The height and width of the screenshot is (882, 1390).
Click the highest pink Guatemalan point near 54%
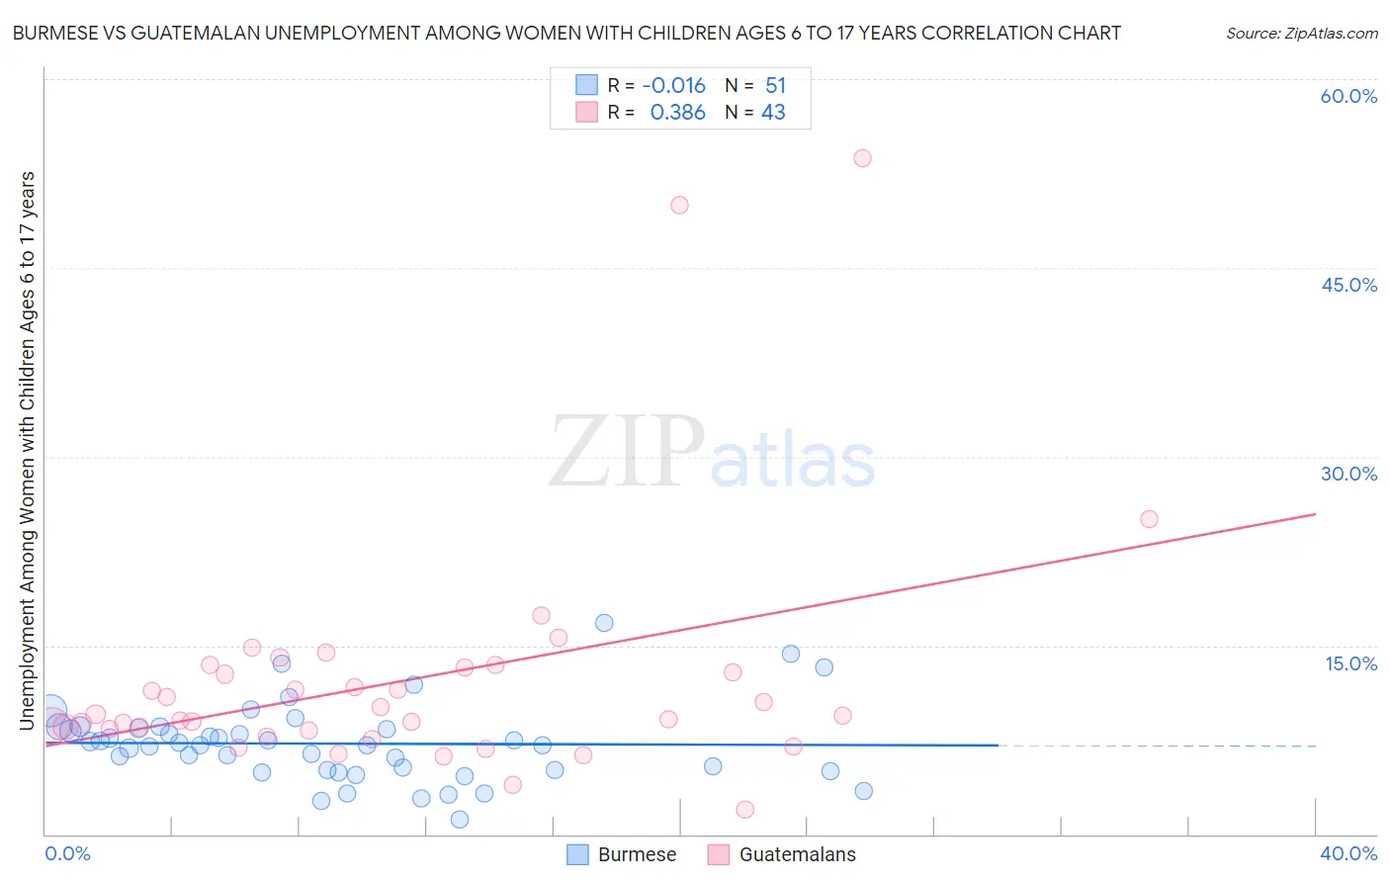(x=862, y=158)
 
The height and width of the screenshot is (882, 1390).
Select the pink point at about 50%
(x=679, y=206)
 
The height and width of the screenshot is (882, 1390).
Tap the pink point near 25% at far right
(x=1149, y=519)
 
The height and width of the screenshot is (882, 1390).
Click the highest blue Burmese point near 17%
(x=604, y=623)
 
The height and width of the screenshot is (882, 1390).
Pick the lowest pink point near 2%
(x=745, y=810)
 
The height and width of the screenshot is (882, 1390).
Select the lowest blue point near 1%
(x=460, y=820)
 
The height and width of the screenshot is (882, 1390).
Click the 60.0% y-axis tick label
(x=1348, y=96)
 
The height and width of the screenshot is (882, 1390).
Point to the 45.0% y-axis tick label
(x=1348, y=285)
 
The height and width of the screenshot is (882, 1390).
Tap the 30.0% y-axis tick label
(x=1348, y=474)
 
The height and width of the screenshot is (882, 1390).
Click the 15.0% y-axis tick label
(x=1350, y=663)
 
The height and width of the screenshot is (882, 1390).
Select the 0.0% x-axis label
(x=67, y=853)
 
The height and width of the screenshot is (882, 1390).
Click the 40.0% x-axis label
(x=1348, y=853)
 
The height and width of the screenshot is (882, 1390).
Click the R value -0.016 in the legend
(x=673, y=86)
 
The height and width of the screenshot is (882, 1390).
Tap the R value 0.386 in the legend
(x=677, y=113)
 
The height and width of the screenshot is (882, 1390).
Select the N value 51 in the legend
(x=775, y=86)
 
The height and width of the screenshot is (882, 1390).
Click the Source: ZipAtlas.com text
(x=1301, y=34)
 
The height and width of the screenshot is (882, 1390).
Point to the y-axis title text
(x=27, y=451)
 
